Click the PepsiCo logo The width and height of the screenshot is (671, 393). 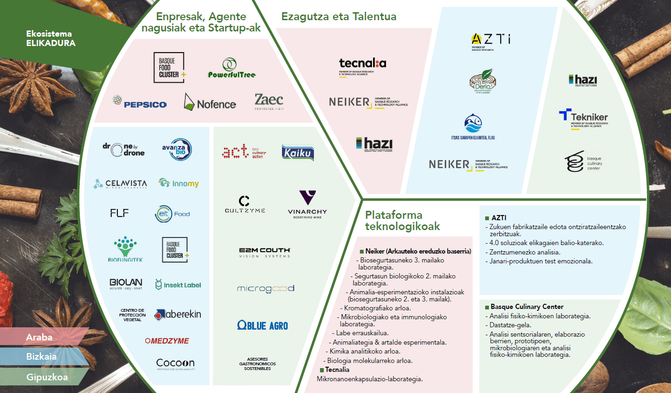pos(139,102)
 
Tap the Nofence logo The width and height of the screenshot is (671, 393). pos(210,102)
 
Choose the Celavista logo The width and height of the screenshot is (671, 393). pos(120,184)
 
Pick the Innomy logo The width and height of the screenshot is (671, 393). pos(178,183)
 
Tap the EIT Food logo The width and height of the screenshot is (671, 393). pos(172,214)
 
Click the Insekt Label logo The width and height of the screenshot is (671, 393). pos(178,285)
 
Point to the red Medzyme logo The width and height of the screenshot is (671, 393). pos(167,340)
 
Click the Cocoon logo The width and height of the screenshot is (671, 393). pos(175,363)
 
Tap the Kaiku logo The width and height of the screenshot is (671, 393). pos(298,152)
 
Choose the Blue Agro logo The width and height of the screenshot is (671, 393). pos(263,325)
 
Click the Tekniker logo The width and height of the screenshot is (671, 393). pos(583,117)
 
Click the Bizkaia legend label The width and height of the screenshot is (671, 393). pos(41,356)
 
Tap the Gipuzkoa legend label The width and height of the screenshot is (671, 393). pos(47,377)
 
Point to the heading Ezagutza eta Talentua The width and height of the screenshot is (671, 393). pos(339,17)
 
